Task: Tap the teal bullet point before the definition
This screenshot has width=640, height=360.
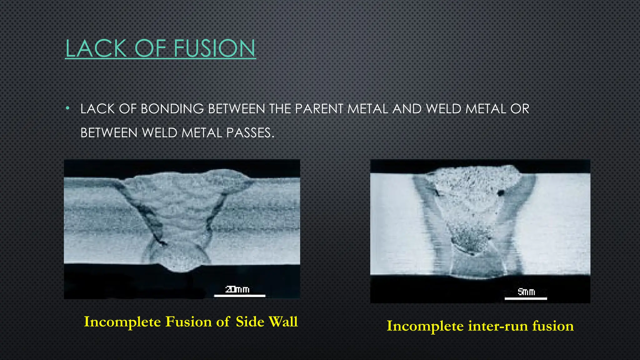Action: [x=67, y=109]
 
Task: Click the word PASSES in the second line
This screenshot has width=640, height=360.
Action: [x=250, y=133]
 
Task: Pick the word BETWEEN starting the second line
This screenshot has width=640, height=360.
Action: [x=109, y=133]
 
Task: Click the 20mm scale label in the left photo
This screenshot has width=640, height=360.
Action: [x=237, y=290]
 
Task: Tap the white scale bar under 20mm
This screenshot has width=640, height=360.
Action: [x=240, y=296]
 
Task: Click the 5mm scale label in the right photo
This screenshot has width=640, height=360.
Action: [x=526, y=292]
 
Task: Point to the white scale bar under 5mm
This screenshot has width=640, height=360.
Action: [x=526, y=298]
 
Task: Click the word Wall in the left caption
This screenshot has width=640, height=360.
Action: [x=282, y=322]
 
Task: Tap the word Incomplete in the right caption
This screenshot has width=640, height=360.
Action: [x=425, y=326]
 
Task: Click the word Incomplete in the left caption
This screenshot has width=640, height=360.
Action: [x=122, y=322]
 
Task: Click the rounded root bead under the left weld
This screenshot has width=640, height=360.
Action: [x=180, y=257]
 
